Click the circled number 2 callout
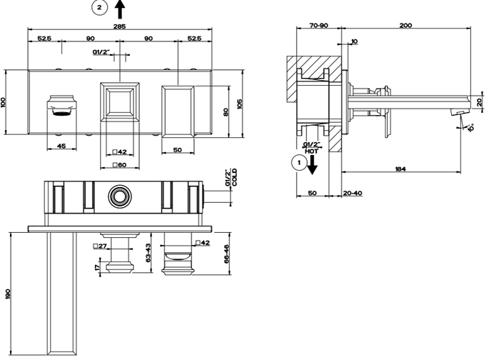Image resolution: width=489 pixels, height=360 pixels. click(x=99, y=7)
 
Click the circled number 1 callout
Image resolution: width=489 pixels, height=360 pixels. click(x=299, y=163)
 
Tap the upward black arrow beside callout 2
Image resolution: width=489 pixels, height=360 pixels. click(x=120, y=9)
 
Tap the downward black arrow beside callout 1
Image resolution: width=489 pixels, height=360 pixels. click(x=312, y=165)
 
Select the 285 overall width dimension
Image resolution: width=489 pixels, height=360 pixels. click(x=119, y=26)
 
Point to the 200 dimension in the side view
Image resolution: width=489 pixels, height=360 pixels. click(x=405, y=25)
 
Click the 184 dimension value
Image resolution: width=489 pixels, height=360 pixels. click(x=400, y=169)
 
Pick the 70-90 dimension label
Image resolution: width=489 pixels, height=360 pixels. click(x=319, y=25)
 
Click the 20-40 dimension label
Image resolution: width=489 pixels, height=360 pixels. click(x=353, y=193)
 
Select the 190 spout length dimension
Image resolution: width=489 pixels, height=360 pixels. click(x=8, y=294)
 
